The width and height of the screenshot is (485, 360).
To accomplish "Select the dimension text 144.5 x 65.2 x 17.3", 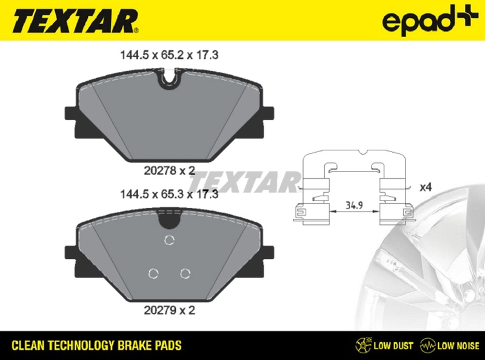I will (x=167, y=55).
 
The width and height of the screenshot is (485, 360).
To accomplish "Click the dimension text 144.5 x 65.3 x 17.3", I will (x=167, y=195).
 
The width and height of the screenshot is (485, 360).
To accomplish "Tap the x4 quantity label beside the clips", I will (x=426, y=187).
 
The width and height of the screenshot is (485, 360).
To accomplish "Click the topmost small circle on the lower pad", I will (x=170, y=240).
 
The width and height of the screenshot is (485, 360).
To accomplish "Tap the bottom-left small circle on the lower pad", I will (x=153, y=273).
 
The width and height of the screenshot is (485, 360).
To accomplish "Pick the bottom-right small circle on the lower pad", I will (x=185, y=273).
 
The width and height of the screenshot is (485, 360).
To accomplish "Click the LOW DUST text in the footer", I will (x=393, y=346).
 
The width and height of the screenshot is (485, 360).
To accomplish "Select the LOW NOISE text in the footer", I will (x=457, y=346).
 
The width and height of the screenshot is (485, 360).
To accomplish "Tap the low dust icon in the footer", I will (x=363, y=345).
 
